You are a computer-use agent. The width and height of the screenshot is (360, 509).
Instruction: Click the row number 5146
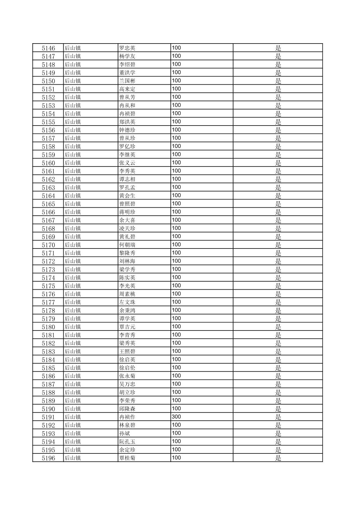coord(48,48)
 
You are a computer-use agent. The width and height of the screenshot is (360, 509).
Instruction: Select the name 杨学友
coord(127,56)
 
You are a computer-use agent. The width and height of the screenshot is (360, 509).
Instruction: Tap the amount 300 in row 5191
coord(176,417)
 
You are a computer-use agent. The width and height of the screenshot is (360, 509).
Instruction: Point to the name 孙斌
coord(124,433)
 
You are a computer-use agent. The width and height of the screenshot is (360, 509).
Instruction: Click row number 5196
coord(48,458)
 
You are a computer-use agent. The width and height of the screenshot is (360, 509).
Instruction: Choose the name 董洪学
coord(127,73)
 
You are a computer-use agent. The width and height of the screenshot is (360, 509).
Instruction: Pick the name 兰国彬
coord(127,81)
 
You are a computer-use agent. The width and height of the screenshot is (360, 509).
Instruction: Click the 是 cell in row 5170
coord(278,245)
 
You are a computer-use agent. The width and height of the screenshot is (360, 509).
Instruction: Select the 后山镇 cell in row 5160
coord(72,163)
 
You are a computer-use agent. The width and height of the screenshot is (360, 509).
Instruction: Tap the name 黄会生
coord(127,196)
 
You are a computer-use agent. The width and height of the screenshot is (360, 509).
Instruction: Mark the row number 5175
coord(48,286)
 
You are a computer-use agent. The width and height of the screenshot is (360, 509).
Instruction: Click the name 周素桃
coord(127,294)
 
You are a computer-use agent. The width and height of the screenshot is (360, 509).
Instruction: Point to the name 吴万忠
coord(127,384)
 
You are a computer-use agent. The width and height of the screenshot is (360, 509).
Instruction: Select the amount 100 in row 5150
coord(176,81)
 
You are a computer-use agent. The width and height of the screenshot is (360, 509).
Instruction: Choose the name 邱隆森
coord(127,409)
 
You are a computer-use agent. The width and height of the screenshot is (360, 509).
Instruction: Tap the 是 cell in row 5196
coord(278,458)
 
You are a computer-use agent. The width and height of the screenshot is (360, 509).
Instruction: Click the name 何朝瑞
coord(127,245)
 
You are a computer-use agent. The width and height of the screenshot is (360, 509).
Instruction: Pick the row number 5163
coord(48,188)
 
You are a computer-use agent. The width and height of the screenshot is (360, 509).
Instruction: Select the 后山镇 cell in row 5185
coord(72,368)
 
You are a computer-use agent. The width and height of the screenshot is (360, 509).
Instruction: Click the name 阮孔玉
coord(127,442)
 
